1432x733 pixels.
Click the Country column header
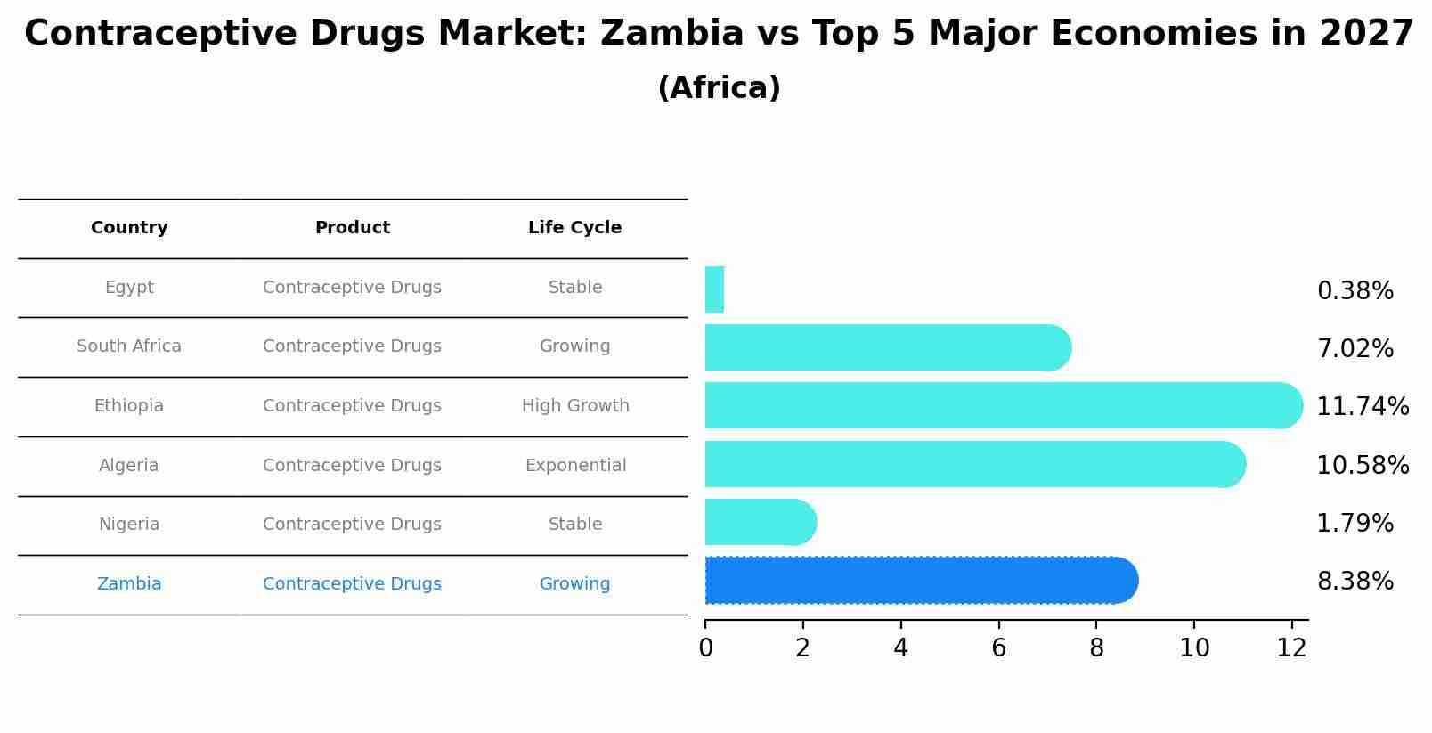[129, 228]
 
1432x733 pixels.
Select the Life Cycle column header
[574, 228]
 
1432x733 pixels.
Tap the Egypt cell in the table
[129, 288]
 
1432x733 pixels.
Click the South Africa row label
[129, 346]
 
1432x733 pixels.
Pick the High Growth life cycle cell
[575, 406]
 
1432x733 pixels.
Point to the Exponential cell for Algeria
[575, 466]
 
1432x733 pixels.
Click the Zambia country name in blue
[129, 584]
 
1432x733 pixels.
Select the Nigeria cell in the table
[129, 525]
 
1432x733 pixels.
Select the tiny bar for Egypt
[714, 289]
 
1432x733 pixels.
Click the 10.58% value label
[1363, 466]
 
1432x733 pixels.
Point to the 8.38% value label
[1355, 582]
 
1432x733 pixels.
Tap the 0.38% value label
[1355, 291]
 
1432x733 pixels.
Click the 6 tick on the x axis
[998, 648]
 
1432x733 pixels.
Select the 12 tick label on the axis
[1291, 648]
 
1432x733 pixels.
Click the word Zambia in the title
[671, 34]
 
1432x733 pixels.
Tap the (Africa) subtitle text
[719, 88]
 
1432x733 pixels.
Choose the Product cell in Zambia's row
[352, 584]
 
